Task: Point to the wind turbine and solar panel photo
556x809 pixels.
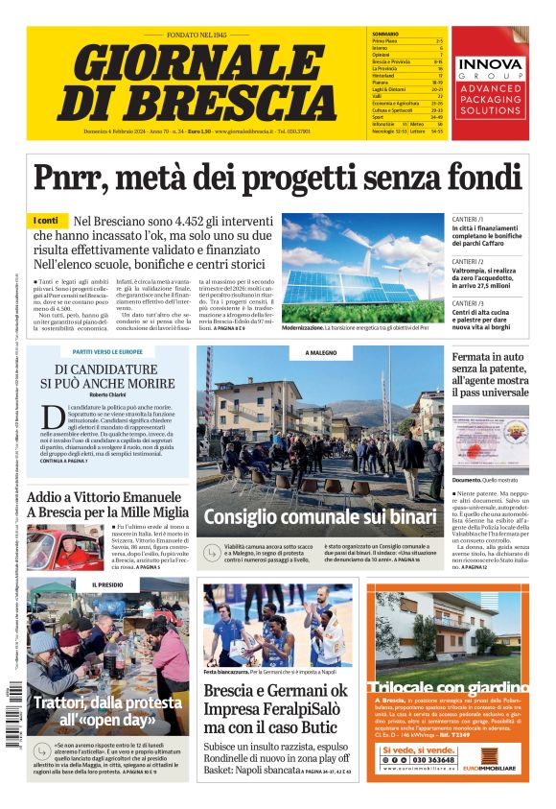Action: click(x=361, y=268)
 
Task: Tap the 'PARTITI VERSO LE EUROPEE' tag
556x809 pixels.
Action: click(x=106, y=352)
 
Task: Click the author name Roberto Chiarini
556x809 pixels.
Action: click(x=106, y=395)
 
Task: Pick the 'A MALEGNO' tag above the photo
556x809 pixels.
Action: click(x=320, y=353)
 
